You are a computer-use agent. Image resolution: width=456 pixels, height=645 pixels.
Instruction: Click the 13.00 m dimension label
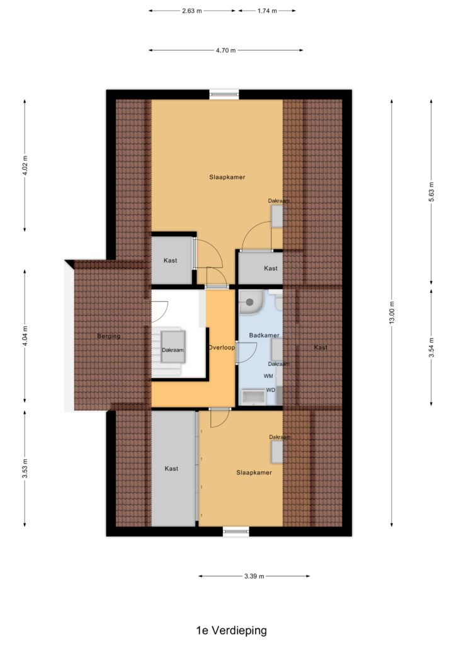coord(392,312)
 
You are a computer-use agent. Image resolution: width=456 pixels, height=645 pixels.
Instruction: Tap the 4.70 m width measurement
coord(225,50)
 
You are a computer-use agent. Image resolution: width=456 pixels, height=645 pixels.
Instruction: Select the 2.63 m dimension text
coord(192,11)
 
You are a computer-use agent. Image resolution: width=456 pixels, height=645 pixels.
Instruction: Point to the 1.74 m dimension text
coord(267,11)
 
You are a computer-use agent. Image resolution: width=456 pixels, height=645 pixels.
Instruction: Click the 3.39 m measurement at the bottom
coord(254,576)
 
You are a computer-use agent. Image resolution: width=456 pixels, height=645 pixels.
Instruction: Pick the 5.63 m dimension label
coord(431,192)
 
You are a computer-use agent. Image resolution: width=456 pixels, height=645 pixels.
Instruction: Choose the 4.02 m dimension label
coord(25,166)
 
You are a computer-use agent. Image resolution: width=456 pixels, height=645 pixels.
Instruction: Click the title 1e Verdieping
coord(232,630)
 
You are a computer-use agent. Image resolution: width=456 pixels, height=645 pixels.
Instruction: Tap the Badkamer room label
coord(264,335)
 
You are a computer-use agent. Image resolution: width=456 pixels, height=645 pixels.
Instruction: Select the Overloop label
coord(222,348)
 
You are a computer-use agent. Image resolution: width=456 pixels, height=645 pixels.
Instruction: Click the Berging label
coord(108,336)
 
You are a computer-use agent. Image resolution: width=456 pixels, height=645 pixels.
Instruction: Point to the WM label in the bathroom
coord(268,376)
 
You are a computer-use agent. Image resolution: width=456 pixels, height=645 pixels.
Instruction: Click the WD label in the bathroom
coord(271,390)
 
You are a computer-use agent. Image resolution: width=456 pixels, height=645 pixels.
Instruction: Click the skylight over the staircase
coord(173,347)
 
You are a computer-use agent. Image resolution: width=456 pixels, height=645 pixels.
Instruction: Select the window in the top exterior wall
coord(224,94)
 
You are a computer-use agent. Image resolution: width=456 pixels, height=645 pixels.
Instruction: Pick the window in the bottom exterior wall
coord(236,532)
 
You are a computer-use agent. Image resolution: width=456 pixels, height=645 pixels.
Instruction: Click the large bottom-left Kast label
coord(171,469)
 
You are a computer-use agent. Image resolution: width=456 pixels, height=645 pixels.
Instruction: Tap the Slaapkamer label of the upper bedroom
coord(227,177)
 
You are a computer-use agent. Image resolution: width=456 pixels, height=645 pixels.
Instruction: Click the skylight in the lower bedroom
coord(276,452)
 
